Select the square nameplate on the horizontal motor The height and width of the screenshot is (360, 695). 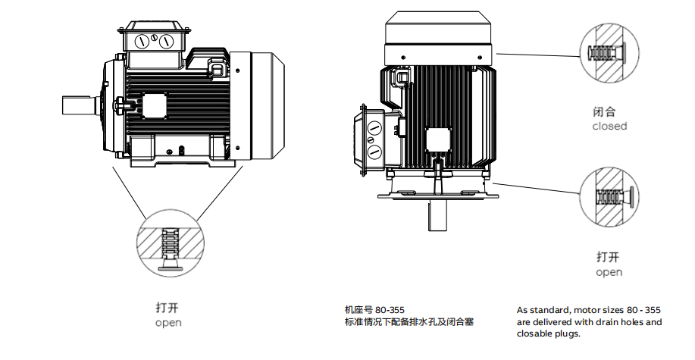pyautogui.click(x=158, y=105)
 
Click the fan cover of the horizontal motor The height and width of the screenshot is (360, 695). pyautogui.click(x=261, y=105)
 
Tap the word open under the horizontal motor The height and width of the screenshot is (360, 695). pyautogui.click(x=168, y=323)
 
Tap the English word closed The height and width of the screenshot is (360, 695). pyautogui.click(x=609, y=126)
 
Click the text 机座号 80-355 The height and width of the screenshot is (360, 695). pyautogui.click(x=374, y=310)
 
